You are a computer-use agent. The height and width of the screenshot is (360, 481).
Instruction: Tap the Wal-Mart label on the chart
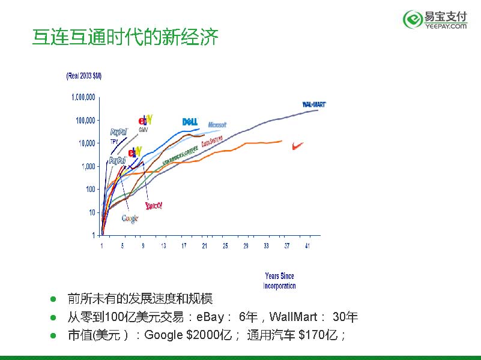[x=313, y=104]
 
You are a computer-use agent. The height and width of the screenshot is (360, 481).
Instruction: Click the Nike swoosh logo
[x=297, y=145]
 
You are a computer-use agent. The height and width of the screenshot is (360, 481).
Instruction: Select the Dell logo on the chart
[x=190, y=122]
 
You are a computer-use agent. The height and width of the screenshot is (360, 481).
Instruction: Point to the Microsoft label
[x=217, y=125]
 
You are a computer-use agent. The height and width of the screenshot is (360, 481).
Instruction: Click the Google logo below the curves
[x=130, y=218]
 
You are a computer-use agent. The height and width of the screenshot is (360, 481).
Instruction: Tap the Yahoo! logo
[x=154, y=205]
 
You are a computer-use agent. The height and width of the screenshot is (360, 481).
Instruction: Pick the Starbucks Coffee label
[x=180, y=157]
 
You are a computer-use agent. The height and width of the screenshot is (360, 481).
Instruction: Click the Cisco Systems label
[x=212, y=142]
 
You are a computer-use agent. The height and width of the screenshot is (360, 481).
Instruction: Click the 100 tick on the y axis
[x=90, y=190]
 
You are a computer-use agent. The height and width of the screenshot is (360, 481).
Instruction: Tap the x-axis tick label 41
[x=307, y=246]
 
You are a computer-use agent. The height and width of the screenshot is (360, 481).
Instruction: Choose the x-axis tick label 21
[x=204, y=246]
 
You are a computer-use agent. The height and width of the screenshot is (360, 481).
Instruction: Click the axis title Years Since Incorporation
[x=279, y=281]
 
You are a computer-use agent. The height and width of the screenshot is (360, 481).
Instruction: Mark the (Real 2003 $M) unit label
[x=83, y=76]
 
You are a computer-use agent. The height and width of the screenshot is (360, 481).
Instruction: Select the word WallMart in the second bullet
[x=294, y=317]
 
